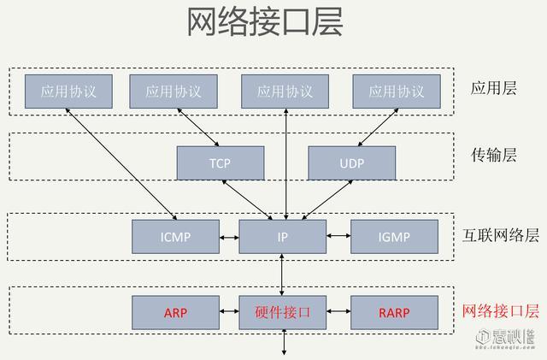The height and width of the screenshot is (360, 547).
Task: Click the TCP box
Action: coord(220,162)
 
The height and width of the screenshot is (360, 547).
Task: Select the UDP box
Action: coord(351,162)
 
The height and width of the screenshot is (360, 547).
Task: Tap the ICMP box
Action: coord(174,236)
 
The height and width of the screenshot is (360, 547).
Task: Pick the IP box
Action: coord(282,236)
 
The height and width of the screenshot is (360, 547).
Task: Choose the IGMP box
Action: coord(395,236)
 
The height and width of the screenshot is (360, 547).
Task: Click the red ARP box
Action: coord(174,313)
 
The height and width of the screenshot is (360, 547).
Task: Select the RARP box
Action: coord(395,313)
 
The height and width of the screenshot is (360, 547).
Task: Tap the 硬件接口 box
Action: coord(282,313)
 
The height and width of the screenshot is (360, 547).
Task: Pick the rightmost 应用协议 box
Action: coord(397,91)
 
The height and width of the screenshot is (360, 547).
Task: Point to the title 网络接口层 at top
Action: coord(265,24)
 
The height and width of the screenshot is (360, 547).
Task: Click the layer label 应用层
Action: coord(494,88)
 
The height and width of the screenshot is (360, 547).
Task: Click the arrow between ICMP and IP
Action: coord(228,236)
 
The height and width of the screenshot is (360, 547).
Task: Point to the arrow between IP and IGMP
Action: coord(338,236)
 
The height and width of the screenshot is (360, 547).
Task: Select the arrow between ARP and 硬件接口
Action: coord(228,313)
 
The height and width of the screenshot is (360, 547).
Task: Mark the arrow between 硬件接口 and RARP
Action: coord(338,313)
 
